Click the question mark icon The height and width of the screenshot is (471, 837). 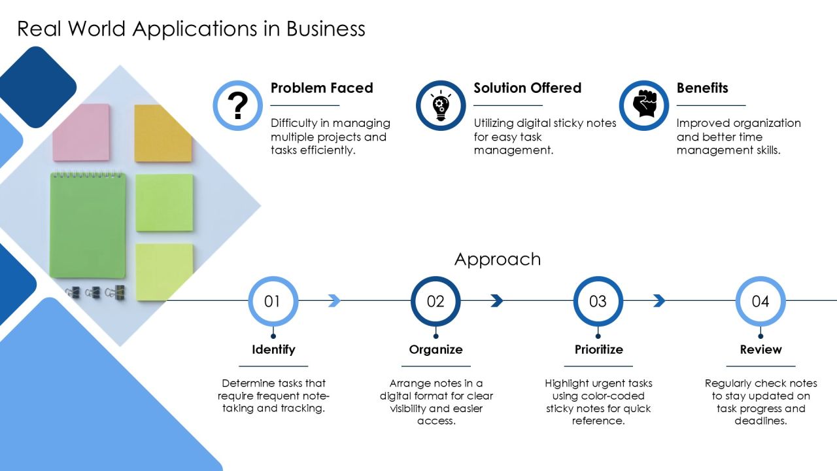(237, 105)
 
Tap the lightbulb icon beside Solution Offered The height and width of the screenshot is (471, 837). (441, 105)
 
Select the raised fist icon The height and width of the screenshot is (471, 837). (644, 103)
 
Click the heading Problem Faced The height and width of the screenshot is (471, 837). (322, 88)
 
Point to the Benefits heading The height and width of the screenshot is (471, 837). (702, 88)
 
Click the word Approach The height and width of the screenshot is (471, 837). (498, 260)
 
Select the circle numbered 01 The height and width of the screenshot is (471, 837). (273, 301)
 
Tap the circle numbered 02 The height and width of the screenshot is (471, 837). (436, 301)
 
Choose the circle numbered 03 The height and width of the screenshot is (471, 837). (598, 301)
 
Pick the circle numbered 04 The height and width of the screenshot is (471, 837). (760, 301)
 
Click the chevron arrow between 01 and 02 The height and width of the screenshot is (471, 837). (334, 300)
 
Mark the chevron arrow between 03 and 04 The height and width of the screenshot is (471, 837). (660, 300)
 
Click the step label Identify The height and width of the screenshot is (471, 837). (273, 349)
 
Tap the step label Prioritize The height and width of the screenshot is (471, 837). (598, 349)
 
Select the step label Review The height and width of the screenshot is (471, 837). (760, 349)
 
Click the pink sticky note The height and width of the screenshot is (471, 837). (82, 133)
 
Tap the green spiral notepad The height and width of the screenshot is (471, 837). (88, 225)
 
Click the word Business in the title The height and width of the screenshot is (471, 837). (326, 29)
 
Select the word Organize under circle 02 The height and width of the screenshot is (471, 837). (436, 349)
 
